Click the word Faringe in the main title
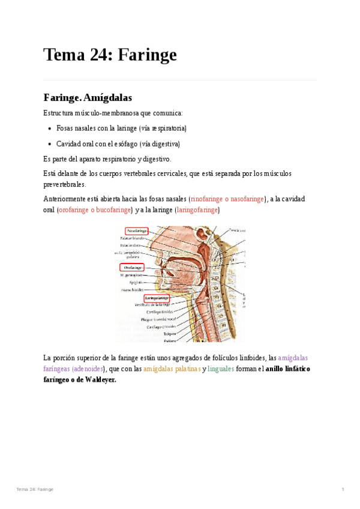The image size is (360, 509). pyautogui.click(x=147, y=55)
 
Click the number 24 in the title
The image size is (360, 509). pyautogui.click(x=98, y=55)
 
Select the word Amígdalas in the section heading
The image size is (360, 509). pyautogui.click(x=108, y=97)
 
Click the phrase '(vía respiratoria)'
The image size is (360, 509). pyautogui.click(x=163, y=128)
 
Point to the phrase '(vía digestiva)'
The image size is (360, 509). pyautogui.click(x=159, y=144)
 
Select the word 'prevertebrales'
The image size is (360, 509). pyautogui.click(x=65, y=184)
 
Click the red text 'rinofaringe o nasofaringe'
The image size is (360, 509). pyautogui.click(x=227, y=199)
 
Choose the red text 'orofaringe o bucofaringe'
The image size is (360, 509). pyautogui.click(x=94, y=210)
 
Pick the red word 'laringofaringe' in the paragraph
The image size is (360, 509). pyautogui.click(x=197, y=210)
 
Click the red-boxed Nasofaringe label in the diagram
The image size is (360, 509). pyautogui.click(x=136, y=230)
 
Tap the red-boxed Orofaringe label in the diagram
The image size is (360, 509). pyautogui.click(x=132, y=267)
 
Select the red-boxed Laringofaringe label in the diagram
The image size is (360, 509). pyautogui.click(x=157, y=298)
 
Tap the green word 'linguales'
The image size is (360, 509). pyautogui.click(x=221, y=369)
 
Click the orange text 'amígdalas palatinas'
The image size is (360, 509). pyautogui.click(x=172, y=369)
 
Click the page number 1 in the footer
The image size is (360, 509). pyautogui.click(x=343, y=490)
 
